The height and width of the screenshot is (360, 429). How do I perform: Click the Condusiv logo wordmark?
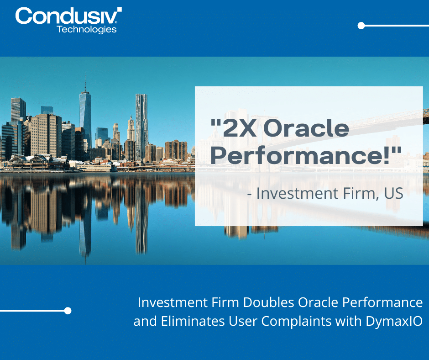point(68,16)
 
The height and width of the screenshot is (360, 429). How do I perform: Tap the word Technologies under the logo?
point(86,29)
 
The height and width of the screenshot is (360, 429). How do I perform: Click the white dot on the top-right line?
point(361,26)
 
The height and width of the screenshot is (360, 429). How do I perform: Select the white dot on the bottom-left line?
point(68,311)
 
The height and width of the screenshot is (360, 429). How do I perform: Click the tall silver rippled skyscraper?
point(141,123)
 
